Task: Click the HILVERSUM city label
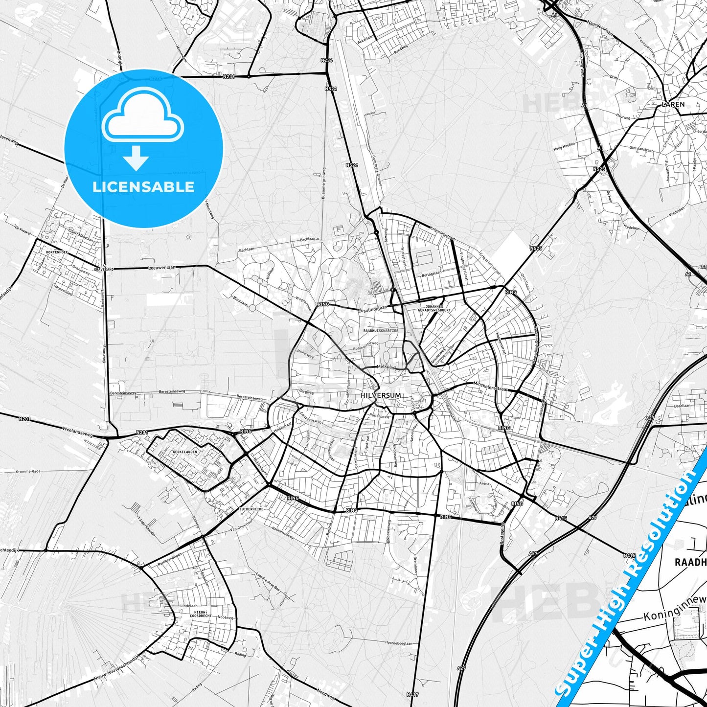380,395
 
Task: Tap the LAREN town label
673,104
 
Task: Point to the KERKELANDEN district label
185,452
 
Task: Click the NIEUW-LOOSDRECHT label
201,614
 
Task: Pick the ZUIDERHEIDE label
251,509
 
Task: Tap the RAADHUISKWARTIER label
381,331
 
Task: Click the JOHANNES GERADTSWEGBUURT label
434,308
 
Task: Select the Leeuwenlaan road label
161,268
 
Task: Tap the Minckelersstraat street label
490,387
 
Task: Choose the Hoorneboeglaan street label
398,643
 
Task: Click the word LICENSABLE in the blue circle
143,187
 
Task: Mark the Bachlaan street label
307,239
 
